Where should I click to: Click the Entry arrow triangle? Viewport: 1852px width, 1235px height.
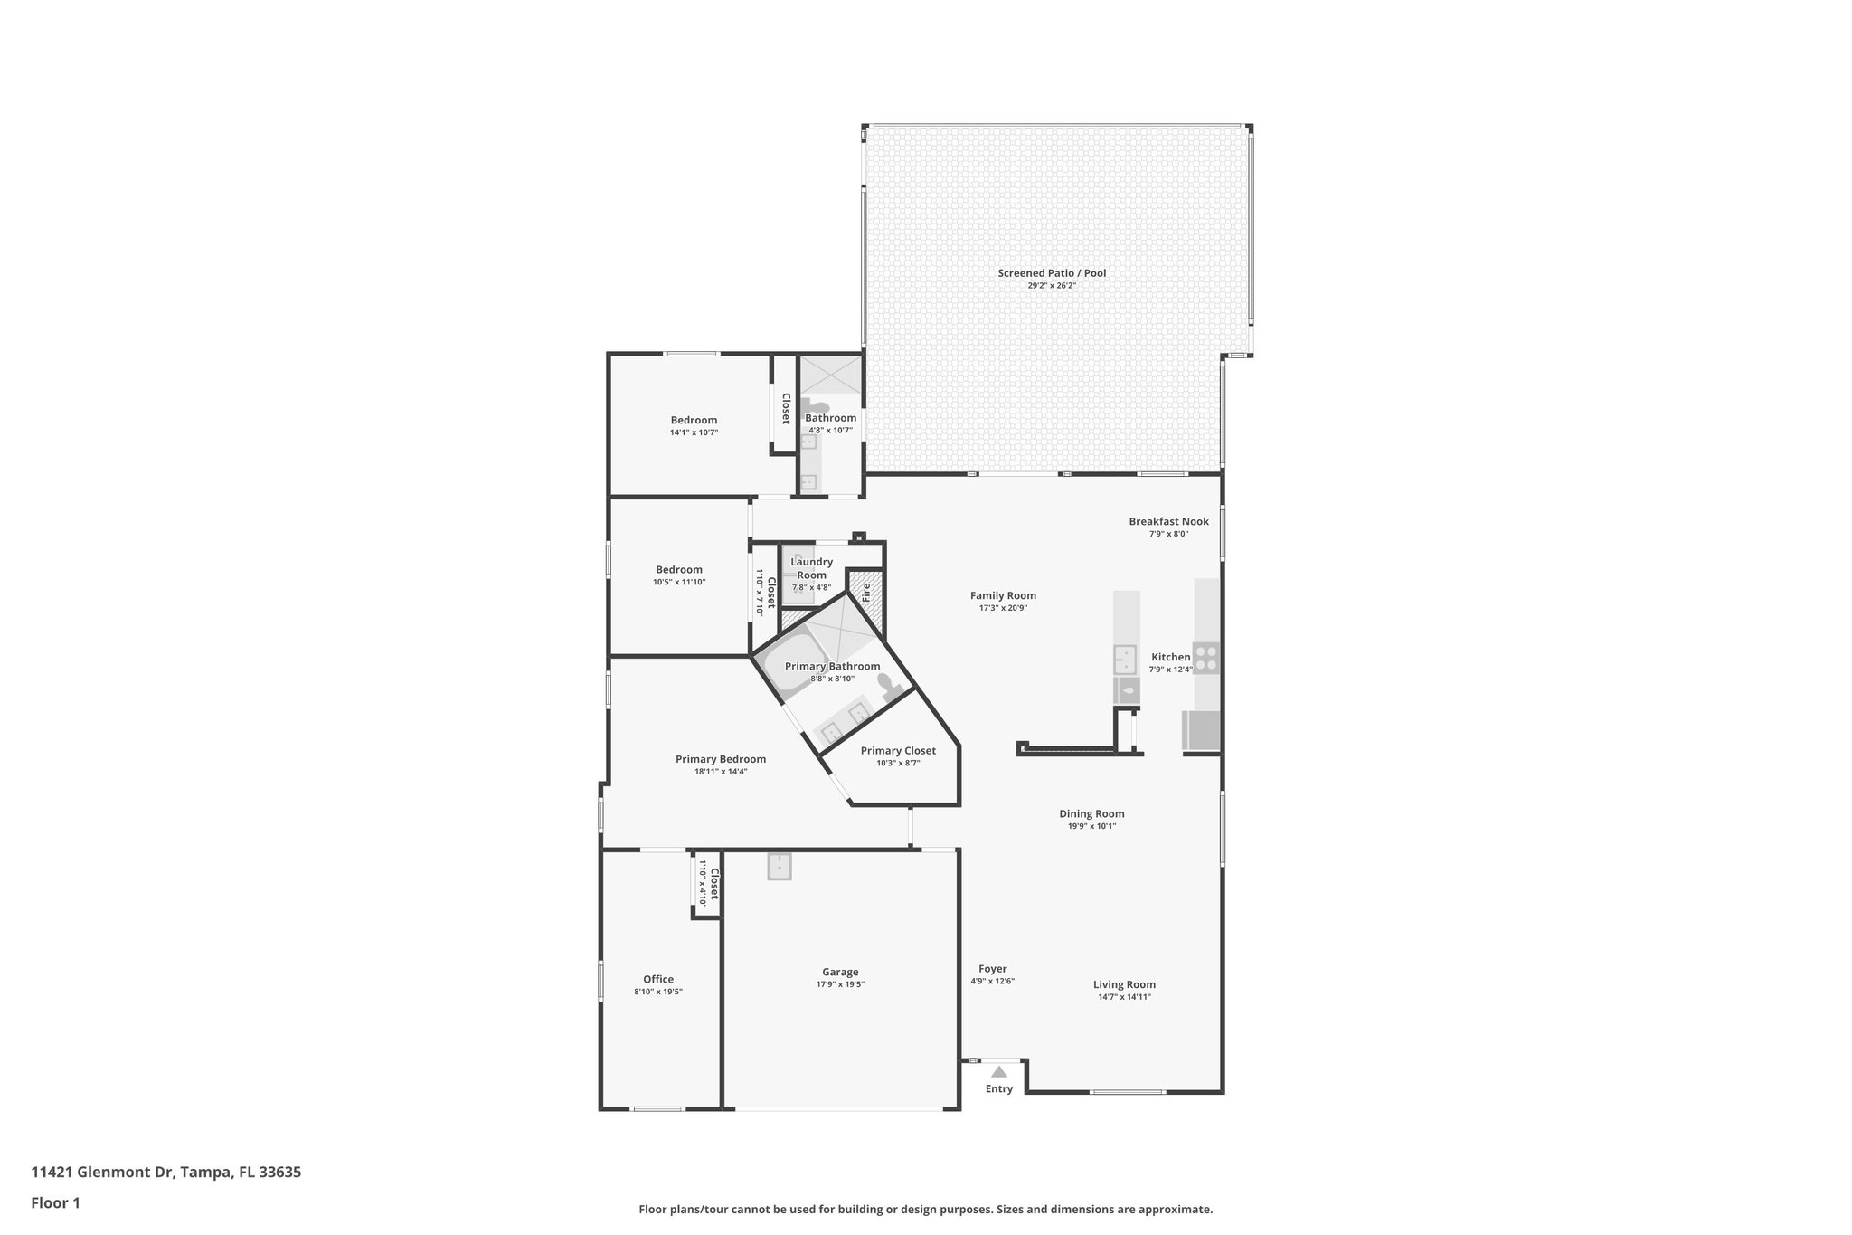(x=998, y=1072)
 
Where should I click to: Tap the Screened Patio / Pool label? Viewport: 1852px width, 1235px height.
(x=1052, y=273)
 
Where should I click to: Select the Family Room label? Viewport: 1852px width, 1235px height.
(x=1003, y=595)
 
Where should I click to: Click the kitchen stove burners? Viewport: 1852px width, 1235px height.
(x=1205, y=658)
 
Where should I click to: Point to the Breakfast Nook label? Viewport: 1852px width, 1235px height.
(x=1168, y=521)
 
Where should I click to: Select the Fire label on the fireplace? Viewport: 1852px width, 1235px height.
(x=865, y=593)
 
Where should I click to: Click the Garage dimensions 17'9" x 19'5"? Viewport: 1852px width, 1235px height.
(x=840, y=984)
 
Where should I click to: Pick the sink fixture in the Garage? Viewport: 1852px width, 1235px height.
(x=780, y=867)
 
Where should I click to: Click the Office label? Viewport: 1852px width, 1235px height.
(x=658, y=979)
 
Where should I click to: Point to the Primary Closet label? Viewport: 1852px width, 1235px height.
(x=898, y=750)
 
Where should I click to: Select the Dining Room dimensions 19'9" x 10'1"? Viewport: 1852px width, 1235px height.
(x=1091, y=826)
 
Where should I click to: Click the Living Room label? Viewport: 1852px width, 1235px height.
(x=1124, y=984)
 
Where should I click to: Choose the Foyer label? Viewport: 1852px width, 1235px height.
(x=992, y=969)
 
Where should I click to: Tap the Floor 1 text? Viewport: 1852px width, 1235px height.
(x=55, y=1203)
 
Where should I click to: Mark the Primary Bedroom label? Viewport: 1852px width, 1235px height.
(x=721, y=759)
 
